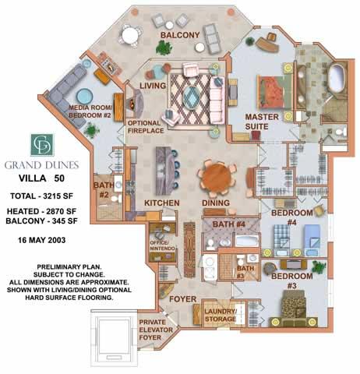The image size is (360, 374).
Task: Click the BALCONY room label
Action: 180,35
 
